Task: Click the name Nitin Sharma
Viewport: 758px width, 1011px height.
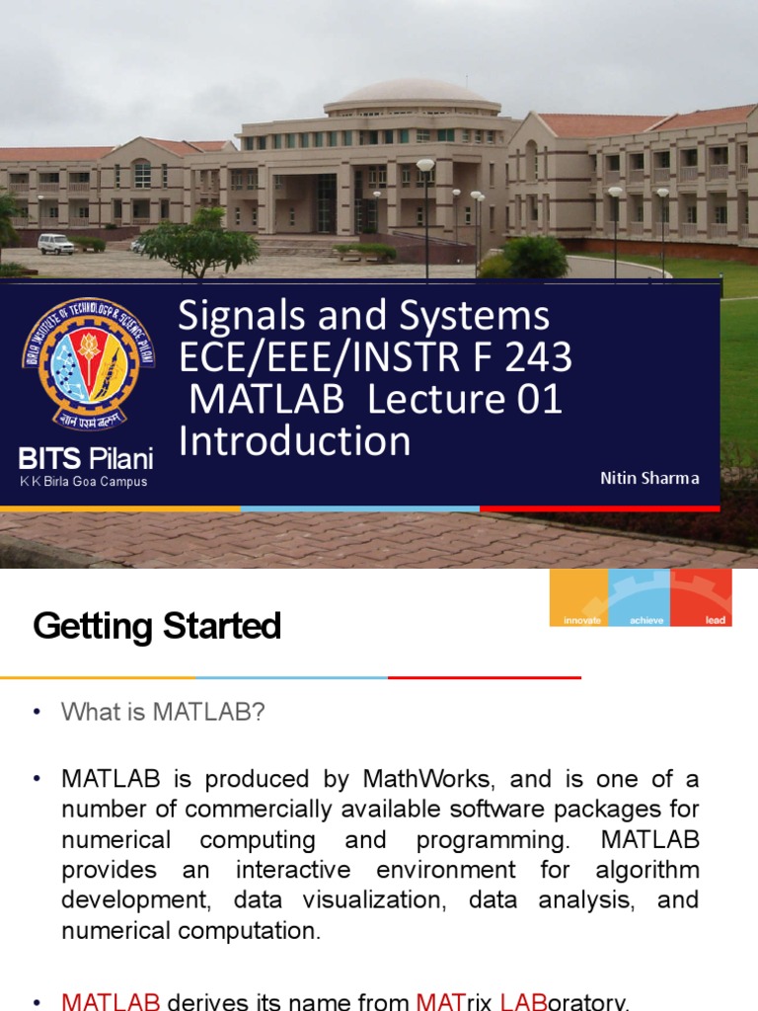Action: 649,478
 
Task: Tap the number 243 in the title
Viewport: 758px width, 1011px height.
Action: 537,357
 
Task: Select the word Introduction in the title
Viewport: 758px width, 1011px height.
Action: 294,441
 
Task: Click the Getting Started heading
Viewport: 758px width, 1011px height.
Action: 157,626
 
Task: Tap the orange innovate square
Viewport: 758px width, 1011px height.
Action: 580,597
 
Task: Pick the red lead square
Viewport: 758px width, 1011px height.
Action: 702,597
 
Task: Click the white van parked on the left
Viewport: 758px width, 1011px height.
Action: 55,243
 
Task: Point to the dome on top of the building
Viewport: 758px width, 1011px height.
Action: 413,93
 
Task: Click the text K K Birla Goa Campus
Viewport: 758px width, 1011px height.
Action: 84,482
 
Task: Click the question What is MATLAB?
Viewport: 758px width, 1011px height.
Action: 163,712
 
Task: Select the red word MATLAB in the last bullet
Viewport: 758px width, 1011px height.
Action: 111,1001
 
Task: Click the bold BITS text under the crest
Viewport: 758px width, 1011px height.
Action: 49,459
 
